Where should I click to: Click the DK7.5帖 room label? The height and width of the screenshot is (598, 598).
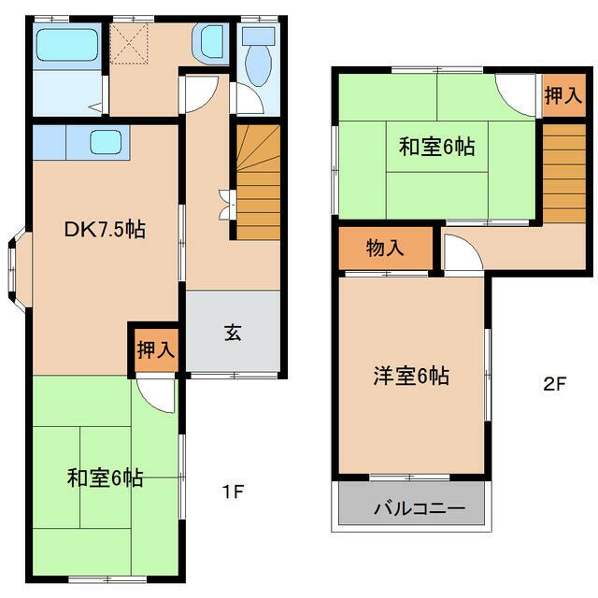pyautogui.click(x=91, y=229)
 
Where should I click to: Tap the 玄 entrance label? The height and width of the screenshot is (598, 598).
pyautogui.click(x=233, y=333)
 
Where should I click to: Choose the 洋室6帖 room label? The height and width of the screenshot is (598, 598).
pyautogui.click(x=411, y=377)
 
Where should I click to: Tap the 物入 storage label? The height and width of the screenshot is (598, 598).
pyautogui.click(x=385, y=249)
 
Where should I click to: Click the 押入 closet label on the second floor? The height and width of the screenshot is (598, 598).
pyautogui.click(x=561, y=96)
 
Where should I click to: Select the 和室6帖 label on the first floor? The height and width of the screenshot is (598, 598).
pyautogui.click(x=105, y=478)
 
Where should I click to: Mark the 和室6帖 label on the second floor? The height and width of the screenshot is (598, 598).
pyautogui.click(x=436, y=146)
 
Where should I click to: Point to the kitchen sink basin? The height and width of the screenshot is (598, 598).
pyautogui.click(x=106, y=143)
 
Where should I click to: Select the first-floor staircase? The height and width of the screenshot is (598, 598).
pyautogui.click(x=257, y=182)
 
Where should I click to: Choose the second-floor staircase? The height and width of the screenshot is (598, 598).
pyautogui.click(x=562, y=174)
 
